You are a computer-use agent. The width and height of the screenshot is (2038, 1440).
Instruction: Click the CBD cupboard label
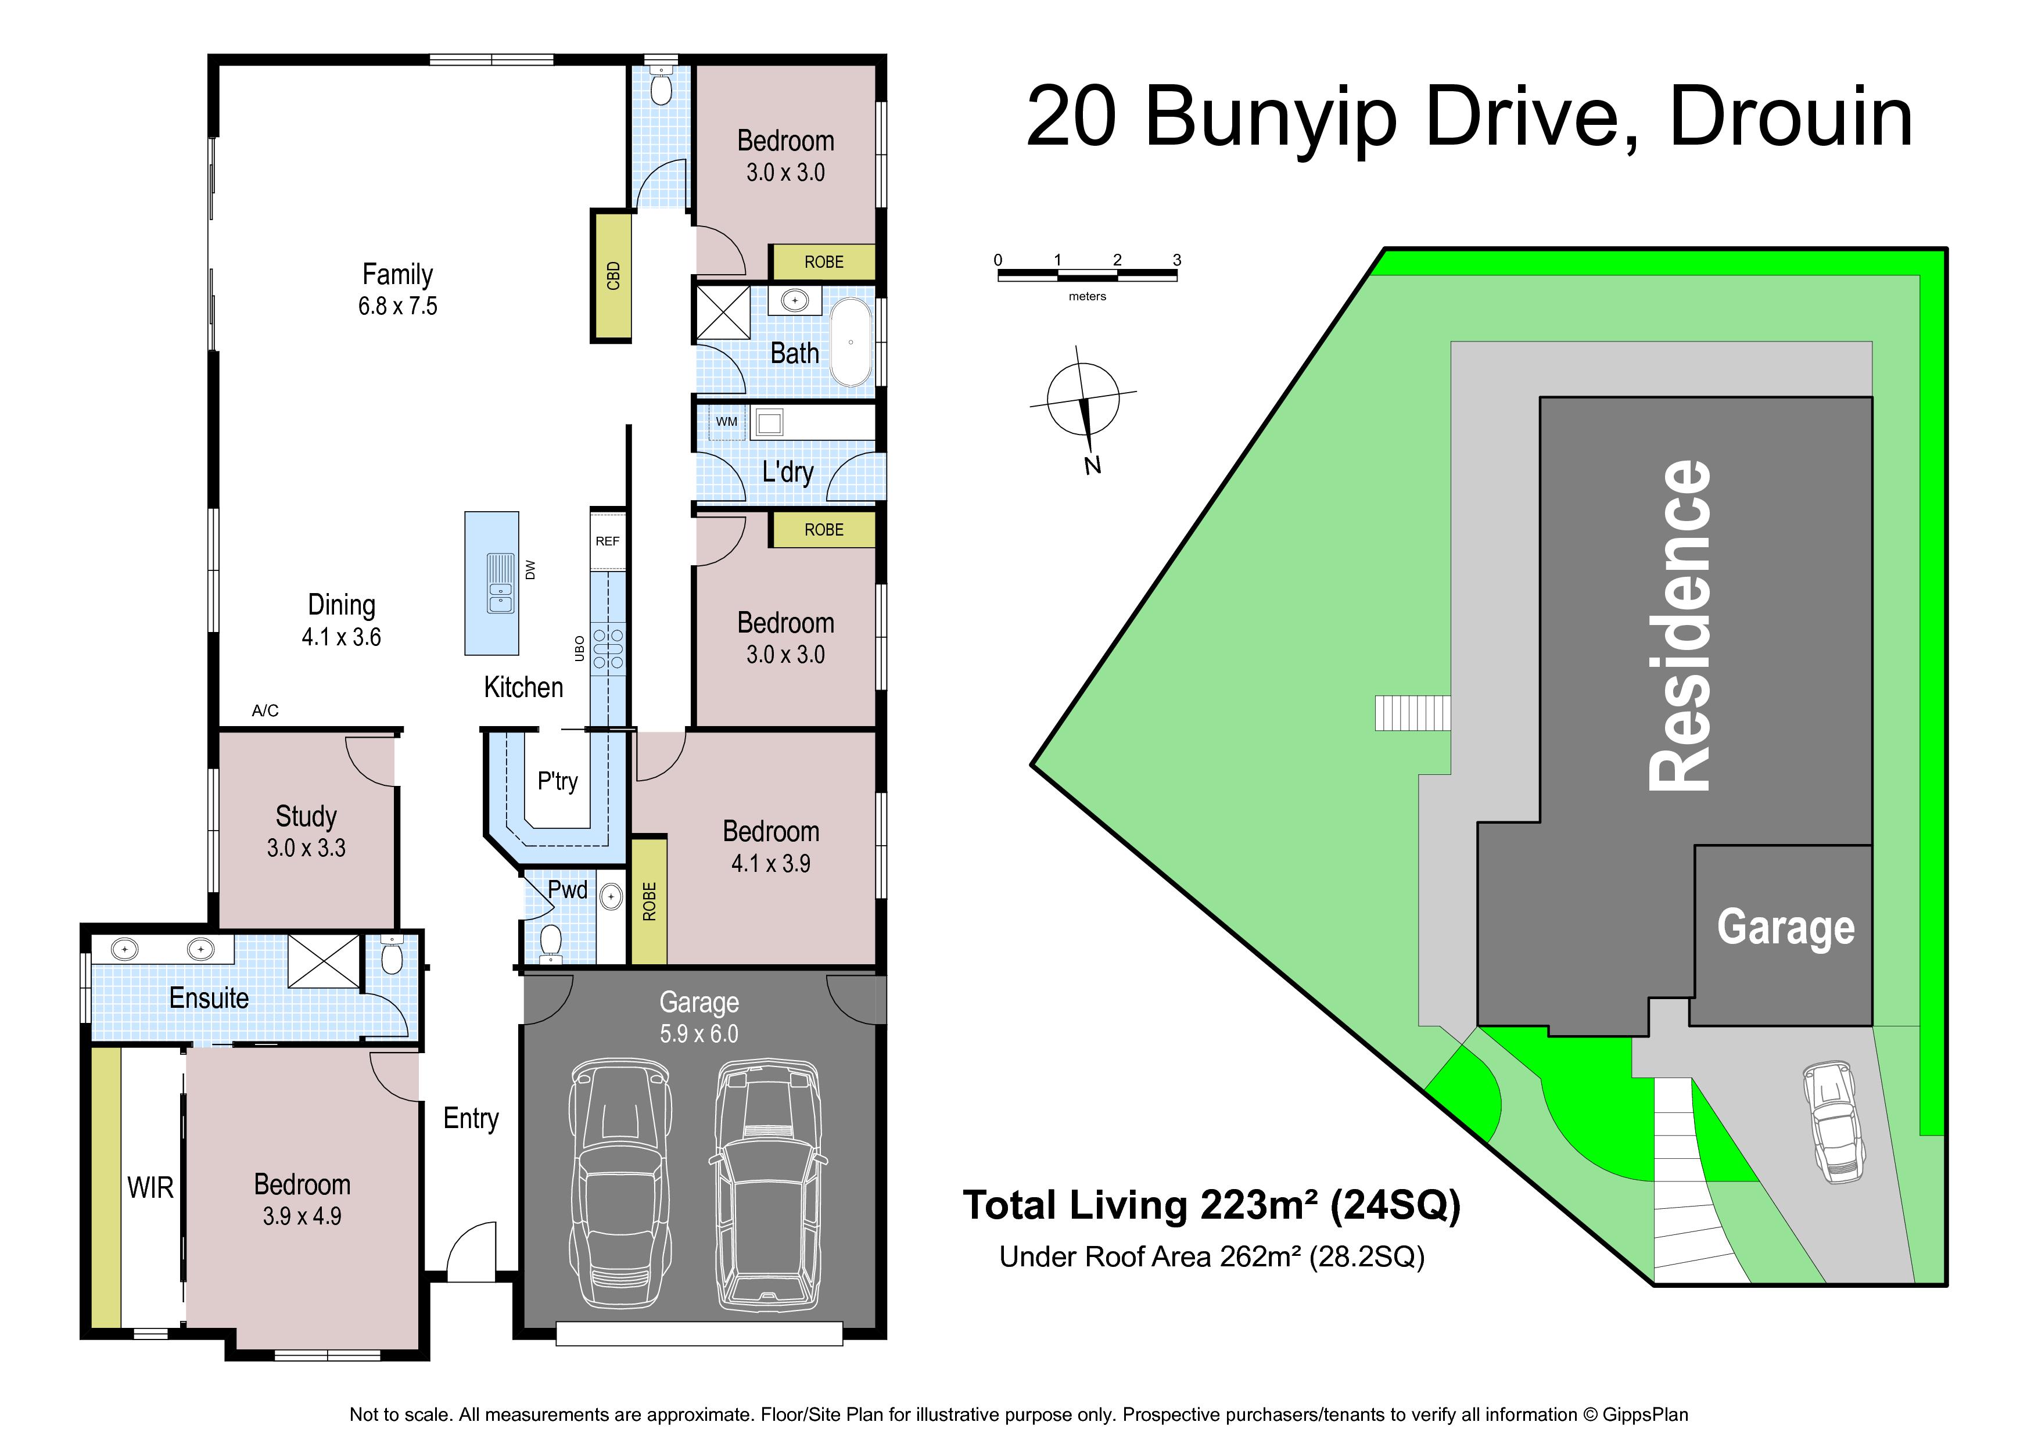pyautogui.click(x=612, y=276)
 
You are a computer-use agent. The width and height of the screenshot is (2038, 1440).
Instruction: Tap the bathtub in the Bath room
pyautogui.click(x=851, y=342)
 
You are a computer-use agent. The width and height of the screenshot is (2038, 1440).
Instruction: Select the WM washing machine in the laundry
pyautogui.click(x=727, y=422)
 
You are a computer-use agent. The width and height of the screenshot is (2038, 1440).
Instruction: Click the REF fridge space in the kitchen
pyautogui.click(x=608, y=541)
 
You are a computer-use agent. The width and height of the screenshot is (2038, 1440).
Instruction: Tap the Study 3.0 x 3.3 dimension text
pyautogui.click(x=306, y=848)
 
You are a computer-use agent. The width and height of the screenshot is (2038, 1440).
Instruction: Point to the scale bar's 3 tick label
pyautogui.click(x=1177, y=260)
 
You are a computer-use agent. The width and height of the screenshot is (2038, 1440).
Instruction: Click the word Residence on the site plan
pyautogui.click(x=1680, y=626)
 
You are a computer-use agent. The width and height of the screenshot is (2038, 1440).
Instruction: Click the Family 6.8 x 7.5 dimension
pyautogui.click(x=397, y=306)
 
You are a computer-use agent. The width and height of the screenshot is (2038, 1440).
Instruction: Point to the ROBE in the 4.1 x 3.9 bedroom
pyautogui.click(x=649, y=900)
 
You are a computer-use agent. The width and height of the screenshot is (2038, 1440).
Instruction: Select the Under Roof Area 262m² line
pyautogui.click(x=1212, y=1257)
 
